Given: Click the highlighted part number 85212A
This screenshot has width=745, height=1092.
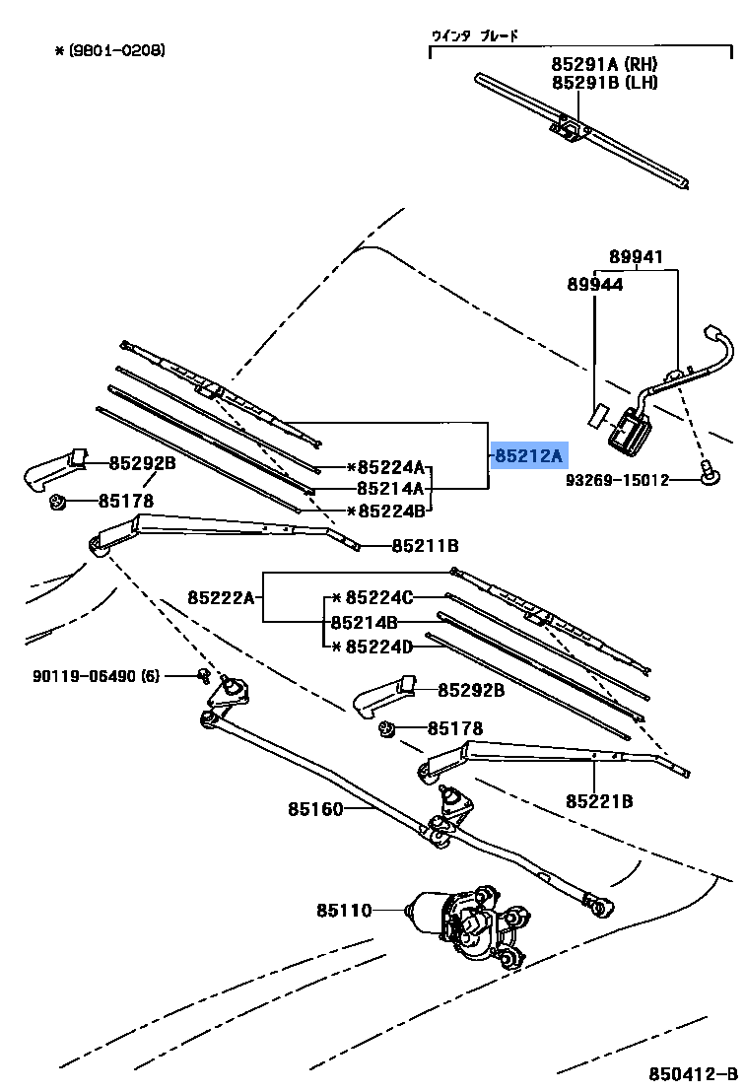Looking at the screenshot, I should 528,456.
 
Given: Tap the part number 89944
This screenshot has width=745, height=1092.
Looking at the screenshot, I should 594,284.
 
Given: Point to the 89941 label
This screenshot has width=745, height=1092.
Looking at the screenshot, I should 636,258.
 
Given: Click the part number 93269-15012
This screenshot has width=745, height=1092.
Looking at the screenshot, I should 617,480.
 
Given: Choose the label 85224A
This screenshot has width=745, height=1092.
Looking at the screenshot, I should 390,467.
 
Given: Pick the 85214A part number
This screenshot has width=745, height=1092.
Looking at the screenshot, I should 390,488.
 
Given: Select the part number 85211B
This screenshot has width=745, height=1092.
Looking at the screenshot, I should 425,545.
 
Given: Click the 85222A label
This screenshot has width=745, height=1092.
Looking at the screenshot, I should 222,597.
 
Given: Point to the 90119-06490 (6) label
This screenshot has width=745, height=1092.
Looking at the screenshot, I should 96,676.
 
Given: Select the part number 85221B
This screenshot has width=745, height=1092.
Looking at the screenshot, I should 599,801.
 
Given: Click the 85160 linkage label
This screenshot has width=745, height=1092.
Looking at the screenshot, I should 315,809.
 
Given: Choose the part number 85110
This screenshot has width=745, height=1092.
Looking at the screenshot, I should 344,910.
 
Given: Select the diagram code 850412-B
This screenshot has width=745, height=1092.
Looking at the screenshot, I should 692,1073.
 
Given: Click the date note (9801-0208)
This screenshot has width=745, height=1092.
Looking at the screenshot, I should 109,49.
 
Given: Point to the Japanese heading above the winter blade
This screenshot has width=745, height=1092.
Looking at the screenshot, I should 474,36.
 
